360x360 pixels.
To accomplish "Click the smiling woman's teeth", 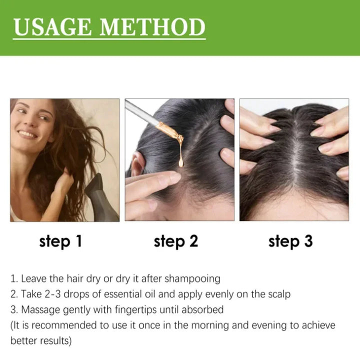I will click(27, 134).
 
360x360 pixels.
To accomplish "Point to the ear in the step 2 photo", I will click(136, 165).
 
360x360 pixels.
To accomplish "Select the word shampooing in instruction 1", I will click(196, 278).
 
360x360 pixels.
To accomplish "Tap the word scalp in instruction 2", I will click(277, 294).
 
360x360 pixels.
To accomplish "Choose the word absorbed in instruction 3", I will click(201, 309).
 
